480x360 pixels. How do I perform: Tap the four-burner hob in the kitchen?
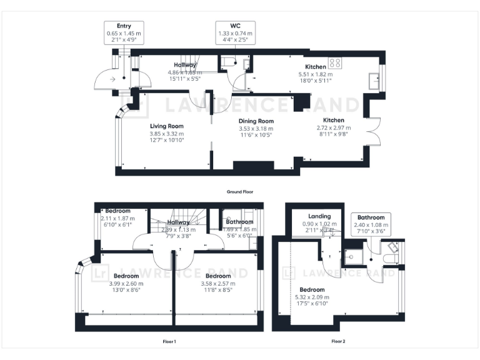point(336,62)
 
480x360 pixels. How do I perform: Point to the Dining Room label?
point(256,121)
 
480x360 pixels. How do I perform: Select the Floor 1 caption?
point(169,341)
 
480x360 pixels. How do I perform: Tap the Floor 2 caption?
point(337,341)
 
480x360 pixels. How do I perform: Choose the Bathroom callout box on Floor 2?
point(370,224)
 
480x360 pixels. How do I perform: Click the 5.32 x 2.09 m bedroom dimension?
point(312,297)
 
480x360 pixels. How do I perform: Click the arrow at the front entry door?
point(112,79)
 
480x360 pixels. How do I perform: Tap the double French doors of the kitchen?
point(373,132)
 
